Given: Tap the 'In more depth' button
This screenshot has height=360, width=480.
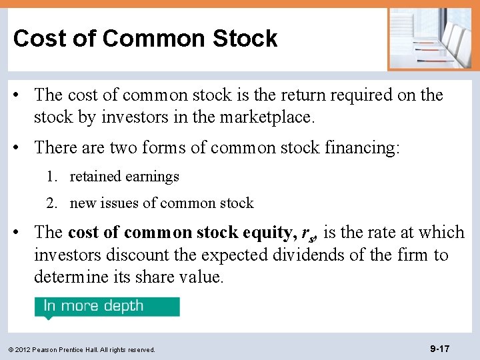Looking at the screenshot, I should click(x=107, y=306).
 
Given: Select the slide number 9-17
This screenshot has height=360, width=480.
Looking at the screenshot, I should click(x=439, y=349).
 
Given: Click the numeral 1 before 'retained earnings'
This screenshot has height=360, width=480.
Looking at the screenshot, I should click(x=51, y=177).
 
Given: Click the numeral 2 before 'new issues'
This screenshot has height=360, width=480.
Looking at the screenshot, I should click(x=51, y=203).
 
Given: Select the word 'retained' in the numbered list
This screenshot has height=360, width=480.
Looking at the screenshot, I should click(x=94, y=177).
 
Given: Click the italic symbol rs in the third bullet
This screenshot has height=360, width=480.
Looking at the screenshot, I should click(x=307, y=234).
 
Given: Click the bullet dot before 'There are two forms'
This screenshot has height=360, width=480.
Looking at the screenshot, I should click(x=22, y=147).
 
